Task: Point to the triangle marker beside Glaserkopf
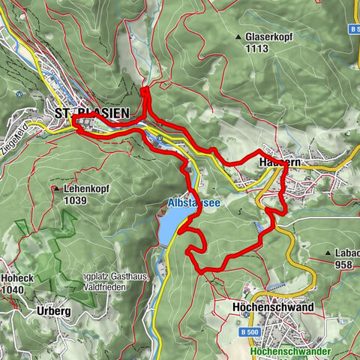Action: pos(238,36)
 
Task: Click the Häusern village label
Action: pos(274,161)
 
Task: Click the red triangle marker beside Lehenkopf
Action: pos(57,190)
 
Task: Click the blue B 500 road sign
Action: pos(251,331)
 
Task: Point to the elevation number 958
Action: pos(344,264)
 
